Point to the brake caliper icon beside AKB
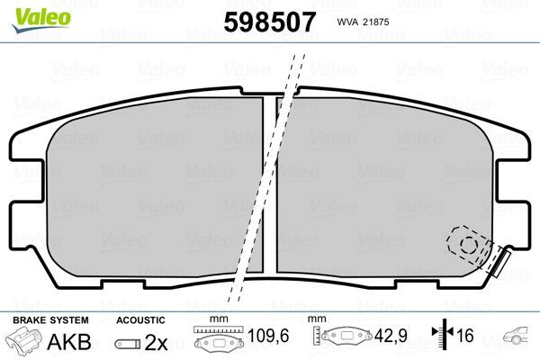point(24,343)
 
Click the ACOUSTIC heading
point(140,320)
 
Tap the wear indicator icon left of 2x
point(130,344)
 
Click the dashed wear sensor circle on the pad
point(467,242)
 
